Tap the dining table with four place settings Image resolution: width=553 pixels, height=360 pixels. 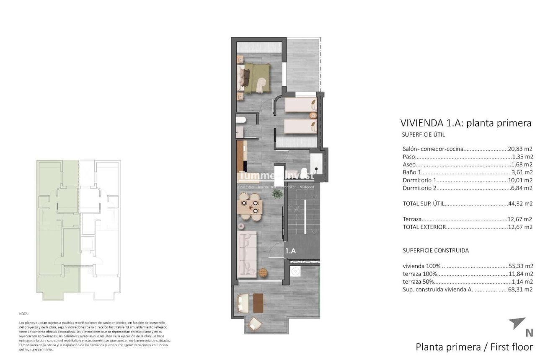(250, 207)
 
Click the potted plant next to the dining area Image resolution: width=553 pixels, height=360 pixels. (276, 194)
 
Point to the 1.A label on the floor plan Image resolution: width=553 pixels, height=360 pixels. (291, 251)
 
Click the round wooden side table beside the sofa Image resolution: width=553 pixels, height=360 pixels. (263, 272)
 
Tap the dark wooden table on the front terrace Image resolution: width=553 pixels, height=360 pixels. (258, 302)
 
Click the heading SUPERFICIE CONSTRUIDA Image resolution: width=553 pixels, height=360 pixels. (436, 251)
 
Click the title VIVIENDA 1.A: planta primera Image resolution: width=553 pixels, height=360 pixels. (466, 123)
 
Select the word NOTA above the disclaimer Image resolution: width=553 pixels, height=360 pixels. (24, 313)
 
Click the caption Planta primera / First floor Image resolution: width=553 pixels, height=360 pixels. (474, 347)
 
